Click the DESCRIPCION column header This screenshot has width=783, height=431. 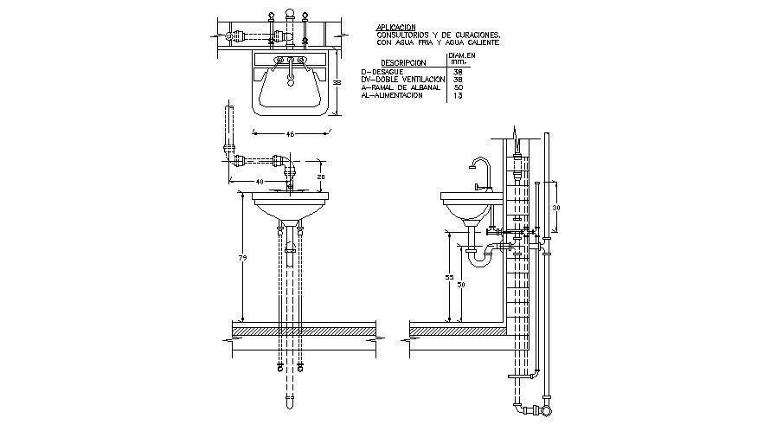(x=404, y=63)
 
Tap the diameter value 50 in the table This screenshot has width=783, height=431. (x=459, y=87)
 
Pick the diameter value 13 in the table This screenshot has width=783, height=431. (x=459, y=95)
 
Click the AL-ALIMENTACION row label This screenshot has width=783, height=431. (x=392, y=95)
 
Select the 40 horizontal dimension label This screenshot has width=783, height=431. (x=259, y=181)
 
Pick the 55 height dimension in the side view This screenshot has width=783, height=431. (x=449, y=277)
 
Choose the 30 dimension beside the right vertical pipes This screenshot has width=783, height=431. (x=557, y=209)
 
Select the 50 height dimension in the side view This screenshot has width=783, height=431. (x=460, y=284)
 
